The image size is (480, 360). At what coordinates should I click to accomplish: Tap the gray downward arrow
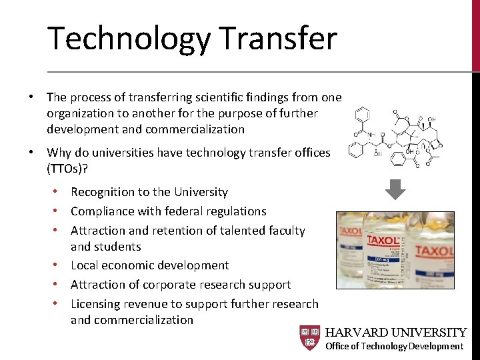395,190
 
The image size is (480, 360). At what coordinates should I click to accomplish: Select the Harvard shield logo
310,338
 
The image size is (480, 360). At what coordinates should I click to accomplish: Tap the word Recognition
102,192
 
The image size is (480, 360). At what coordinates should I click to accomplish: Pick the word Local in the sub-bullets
85,265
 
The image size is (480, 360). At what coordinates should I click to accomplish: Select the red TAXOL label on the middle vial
380,239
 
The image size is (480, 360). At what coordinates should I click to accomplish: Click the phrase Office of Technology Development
394,346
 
